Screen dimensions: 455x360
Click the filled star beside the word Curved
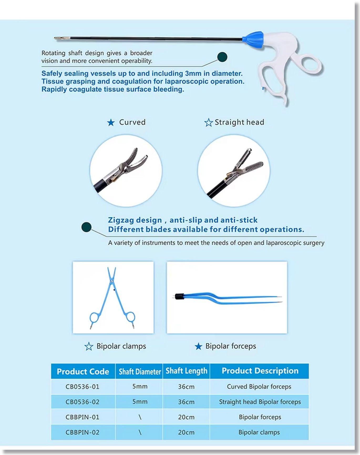pos(111,123)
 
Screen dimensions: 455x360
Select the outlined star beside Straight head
pos(208,123)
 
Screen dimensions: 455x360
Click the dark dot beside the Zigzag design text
pos(86,227)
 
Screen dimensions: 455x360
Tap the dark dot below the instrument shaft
pos(222,57)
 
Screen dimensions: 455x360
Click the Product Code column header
pos(83,371)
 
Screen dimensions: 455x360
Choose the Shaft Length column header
pos(186,371)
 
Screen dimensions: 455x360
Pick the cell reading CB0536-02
pos(83,402)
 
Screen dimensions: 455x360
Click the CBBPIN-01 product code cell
pos(83,417)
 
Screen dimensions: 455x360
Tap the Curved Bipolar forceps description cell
pos(259,387)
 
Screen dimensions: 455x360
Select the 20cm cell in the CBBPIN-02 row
pos(186,432)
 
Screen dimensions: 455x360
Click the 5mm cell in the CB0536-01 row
pos(140,386)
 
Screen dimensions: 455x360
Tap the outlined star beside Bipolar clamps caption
pos(89,346)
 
